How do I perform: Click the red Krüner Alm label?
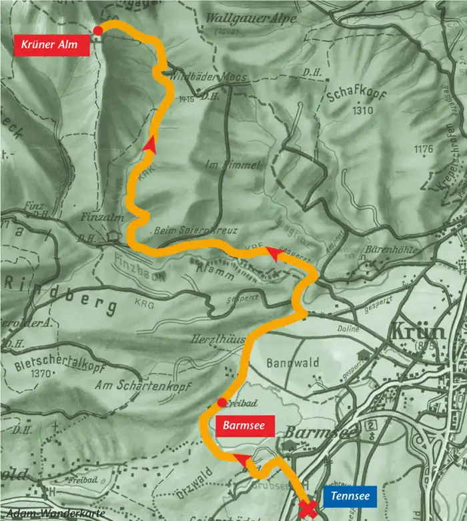[x=50, y=45]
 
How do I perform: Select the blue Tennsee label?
[x=350, y=496]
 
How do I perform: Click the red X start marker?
[x=308, y=510]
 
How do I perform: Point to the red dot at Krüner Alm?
[x=98, y=30]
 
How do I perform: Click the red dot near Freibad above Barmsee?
[x=221, y=402]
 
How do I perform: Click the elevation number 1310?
[x=363, y=111]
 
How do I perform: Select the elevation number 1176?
[x=423, y=149]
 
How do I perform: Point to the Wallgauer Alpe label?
[x=242, y=18]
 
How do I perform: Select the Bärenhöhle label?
[x=392, y=250]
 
